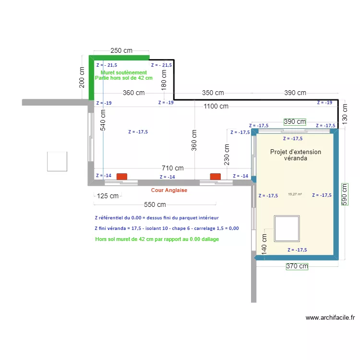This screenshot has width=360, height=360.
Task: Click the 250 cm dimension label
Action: point(121,50)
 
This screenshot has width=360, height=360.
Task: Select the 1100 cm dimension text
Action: point(216,106)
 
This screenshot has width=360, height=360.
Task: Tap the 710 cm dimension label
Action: point(172,168)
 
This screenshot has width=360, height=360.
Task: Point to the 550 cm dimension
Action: point(155,204)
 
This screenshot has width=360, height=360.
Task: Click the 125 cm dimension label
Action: point(108,196)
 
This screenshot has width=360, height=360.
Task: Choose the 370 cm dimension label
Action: point(298,266)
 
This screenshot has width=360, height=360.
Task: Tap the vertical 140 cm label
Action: point(264,243)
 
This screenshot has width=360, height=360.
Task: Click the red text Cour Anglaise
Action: point(169,190)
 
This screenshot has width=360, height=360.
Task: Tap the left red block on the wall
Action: point(122,177)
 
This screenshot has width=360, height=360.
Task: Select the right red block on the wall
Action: point(215,177)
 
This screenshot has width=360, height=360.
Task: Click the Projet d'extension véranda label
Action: point(296,155)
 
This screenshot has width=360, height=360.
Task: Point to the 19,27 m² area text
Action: point(295,194)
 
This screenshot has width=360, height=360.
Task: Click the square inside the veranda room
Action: point(287,228)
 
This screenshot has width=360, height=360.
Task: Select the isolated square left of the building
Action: point(57,161)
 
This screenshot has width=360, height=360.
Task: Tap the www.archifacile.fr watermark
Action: point(330,317)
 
